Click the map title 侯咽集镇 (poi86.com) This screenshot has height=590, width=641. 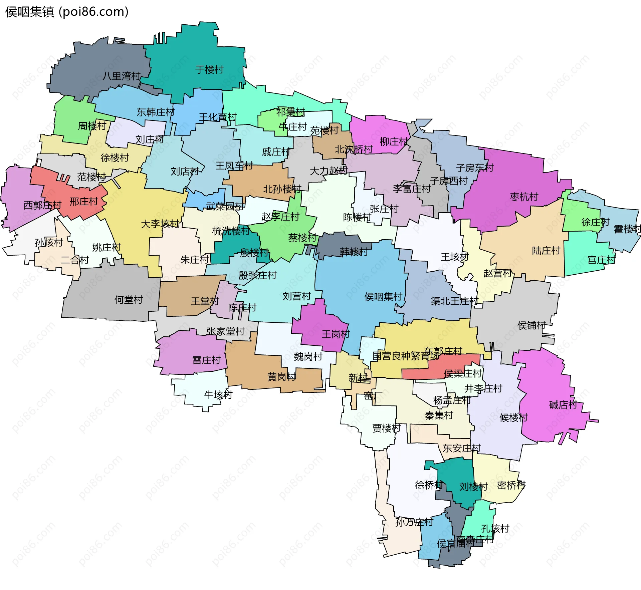[x=67, y=12]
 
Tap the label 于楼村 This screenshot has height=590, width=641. [x=209, y=70]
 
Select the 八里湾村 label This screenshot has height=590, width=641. [x=121, y=76]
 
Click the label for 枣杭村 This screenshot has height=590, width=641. [x=524, y=197]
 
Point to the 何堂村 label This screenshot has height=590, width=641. [x=129, y=300]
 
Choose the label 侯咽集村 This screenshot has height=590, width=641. [x=383, y=296]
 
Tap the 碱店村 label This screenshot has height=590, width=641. [x=563, y=405]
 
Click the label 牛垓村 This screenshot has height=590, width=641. [x=218, y=395]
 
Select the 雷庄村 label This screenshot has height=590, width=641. [x=206, y=360]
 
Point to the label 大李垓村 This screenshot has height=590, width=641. [x=160, y=224]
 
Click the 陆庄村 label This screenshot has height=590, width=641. [x=546, y=251]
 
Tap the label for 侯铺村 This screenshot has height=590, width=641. [x=531, y=325]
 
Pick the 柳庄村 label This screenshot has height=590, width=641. [x=394, y=142]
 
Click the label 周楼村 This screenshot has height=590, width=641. [x=92, y=126]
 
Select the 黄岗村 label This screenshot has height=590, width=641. [x=281, y=377]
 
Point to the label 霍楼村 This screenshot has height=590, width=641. [x=627, y=229]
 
